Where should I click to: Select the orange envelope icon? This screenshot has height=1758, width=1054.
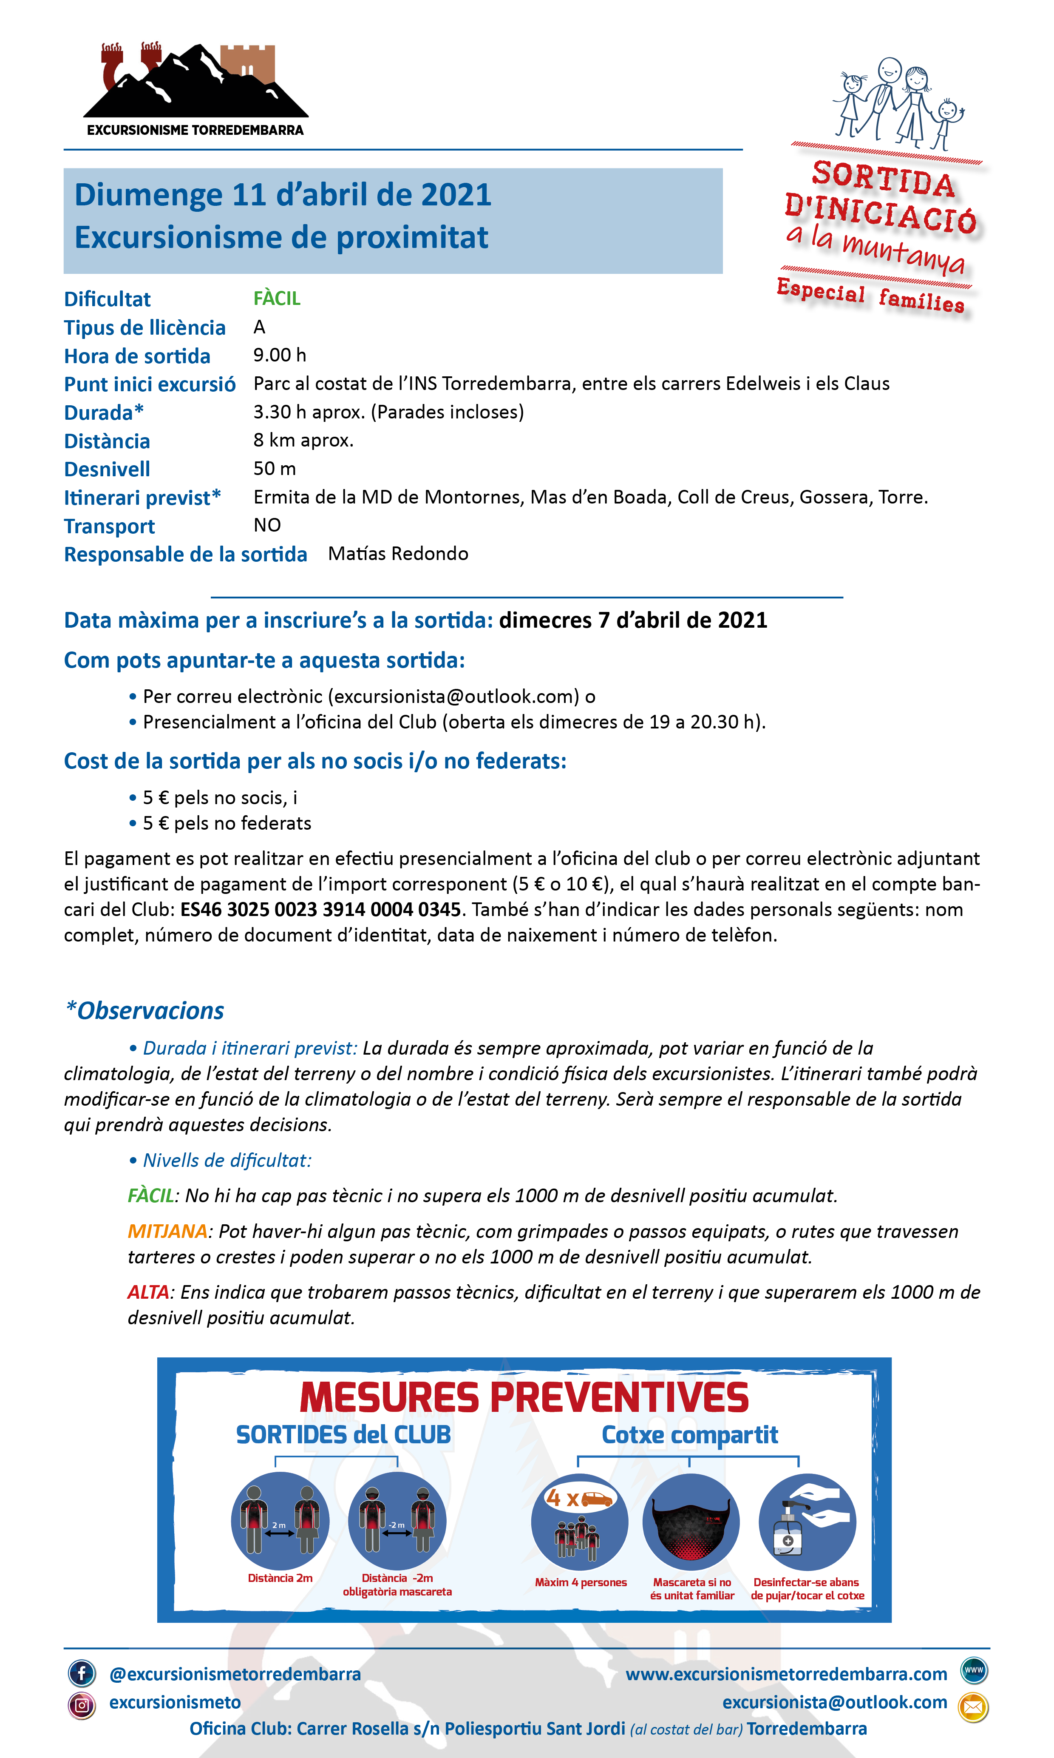click(x=972, y=1706)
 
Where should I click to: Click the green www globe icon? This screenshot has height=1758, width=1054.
click(x=973, y=1670)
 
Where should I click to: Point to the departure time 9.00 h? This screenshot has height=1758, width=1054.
click(x=279, y=355)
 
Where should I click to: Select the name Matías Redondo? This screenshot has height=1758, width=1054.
click(x=398, y=554)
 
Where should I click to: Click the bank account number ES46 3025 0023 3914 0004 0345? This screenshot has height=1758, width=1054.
click(x=320, y=910)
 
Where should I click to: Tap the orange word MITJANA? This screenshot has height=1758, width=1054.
click(x=167, y=1231)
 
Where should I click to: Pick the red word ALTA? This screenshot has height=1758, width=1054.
click(x=148, y=1292)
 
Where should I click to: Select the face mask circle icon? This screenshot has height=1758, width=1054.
click(x=690, y=1522)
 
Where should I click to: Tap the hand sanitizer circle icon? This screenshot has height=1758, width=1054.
click(x=807, y=1522)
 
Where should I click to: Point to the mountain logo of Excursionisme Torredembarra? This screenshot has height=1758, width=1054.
click(x=195, y=82)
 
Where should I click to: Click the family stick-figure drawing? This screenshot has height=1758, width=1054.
click(x=898, y=103)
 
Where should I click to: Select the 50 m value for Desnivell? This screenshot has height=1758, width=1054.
click(x=274, y=468)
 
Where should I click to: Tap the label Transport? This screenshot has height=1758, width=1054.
click(x=109, y=526)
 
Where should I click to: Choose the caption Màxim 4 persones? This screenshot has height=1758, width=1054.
click(x=580, y=1582)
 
